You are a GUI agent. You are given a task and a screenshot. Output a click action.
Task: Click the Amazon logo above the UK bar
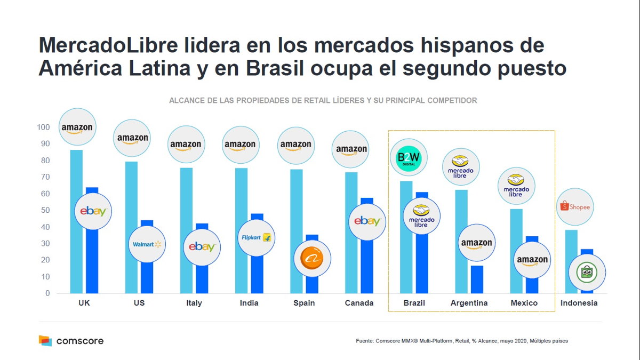(x=77, y=128)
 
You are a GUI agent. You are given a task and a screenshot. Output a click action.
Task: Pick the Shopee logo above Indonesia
(x=575, y=206)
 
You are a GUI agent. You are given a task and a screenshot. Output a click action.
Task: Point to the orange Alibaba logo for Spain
(x=312, y=258)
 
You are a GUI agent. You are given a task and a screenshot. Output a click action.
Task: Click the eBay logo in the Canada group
(x=367, y=221)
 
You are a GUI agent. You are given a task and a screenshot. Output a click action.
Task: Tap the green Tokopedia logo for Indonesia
(x=587, y=273)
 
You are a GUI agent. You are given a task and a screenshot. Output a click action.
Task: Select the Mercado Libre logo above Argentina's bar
(x=460, y=167)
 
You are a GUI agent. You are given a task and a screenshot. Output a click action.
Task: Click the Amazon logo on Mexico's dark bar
(x=532, y=260)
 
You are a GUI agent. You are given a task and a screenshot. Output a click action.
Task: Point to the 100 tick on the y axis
(x=43, y=127)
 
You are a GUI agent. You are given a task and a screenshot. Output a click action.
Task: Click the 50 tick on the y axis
(x=45, y=210)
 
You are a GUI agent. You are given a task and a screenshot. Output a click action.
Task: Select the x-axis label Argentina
(x=469, y=303)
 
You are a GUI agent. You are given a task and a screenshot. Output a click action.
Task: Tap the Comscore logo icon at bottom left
(x=45, y=340)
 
